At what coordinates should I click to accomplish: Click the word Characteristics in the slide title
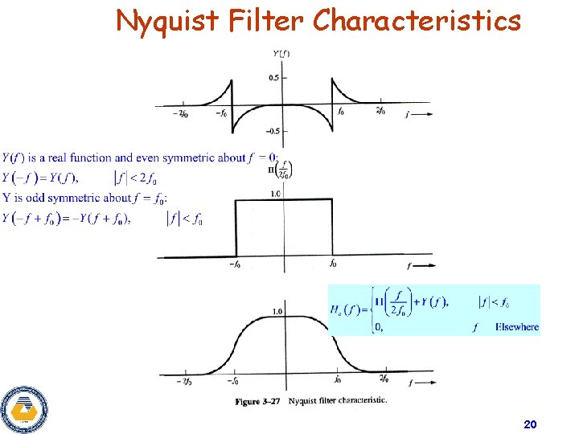point(417,20)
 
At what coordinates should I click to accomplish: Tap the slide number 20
point(530,424)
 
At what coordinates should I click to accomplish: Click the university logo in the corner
point(24,408)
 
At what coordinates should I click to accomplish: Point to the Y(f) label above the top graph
point(282,54)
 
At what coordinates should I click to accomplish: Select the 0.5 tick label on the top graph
point(274,78)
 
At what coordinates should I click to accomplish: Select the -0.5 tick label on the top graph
point(273,131)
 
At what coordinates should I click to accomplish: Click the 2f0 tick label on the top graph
point(381,112)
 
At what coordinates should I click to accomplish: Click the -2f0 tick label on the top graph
point(181,113)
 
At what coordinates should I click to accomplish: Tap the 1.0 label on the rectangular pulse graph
point(276,194)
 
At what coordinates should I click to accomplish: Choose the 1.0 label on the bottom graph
point(277,311)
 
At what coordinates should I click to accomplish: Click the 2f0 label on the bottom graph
point(384,378)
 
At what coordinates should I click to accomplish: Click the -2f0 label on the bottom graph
point(182,381)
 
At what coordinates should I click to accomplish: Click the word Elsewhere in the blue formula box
point(517,327)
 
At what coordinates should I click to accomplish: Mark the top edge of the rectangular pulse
point(283,200)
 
